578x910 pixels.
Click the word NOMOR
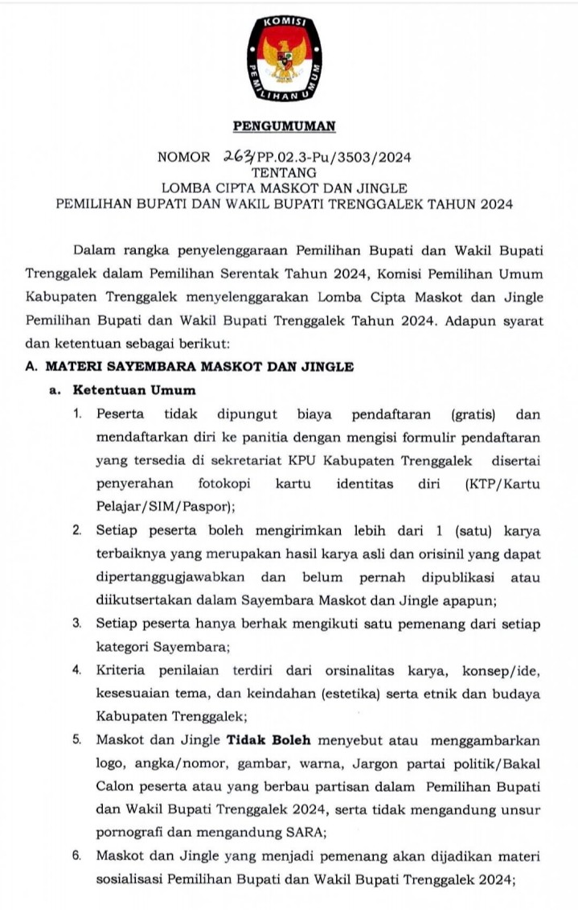[x=184, y=157]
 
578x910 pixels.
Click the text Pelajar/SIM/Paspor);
[x=165, y=507]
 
